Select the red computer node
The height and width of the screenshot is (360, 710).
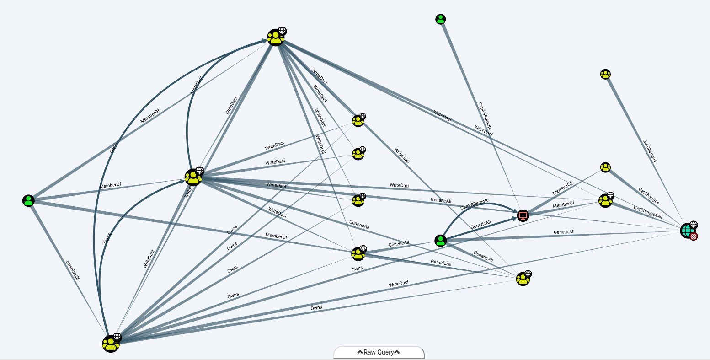point(523,215)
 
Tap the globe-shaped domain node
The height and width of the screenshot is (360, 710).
point(687,231)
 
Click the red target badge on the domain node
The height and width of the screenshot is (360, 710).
point(694,236)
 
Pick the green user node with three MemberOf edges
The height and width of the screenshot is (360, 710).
point(28,200)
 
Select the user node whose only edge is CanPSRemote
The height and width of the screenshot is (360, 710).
point(441,19)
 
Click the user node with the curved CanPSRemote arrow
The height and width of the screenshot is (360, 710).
point(440,240)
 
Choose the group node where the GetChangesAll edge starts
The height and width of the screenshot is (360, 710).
point(605,200)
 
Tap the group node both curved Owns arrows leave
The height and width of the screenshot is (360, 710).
point(110,344)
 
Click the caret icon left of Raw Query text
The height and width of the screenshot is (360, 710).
point(360,352)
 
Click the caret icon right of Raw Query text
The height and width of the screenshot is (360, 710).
point(397,352)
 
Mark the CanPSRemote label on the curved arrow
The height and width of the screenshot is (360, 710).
point(474,204)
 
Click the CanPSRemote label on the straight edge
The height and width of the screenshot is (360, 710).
point(484,116)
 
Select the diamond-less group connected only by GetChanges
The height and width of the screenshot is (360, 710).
point(605,74)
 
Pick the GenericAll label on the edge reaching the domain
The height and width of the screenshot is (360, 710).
point(564,232)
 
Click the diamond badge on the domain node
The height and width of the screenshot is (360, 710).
point(694,225)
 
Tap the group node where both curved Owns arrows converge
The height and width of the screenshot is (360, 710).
point(276,38)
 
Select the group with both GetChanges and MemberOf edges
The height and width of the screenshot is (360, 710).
point(605,167)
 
